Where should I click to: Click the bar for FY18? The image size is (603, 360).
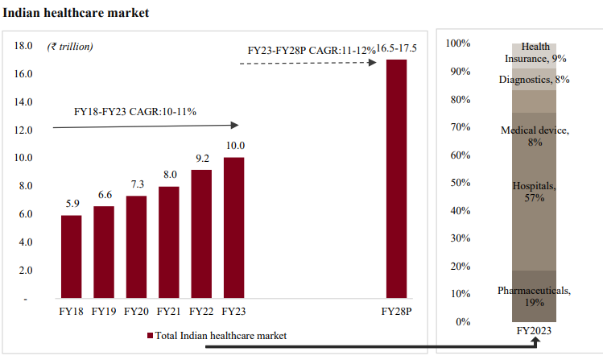(x=71, y=257)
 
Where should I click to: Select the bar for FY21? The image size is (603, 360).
(x=168, y=242)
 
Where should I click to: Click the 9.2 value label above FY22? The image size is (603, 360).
(x=200, y=159)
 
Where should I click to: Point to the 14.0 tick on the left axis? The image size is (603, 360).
(x=23, y=102)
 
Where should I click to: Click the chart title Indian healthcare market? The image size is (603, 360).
(x=76, y=14)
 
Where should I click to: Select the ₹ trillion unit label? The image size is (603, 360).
(x=69, y=46)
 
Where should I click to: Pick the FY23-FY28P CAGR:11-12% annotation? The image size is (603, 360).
(x=311, y=51)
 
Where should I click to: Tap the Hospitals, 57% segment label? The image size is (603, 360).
(x=534, y=192)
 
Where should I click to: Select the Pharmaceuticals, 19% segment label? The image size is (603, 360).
(x=534, y=296)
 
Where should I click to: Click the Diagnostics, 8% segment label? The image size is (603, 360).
(x=534, y=80)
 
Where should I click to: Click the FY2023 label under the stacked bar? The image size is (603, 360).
(x=533, y=331)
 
